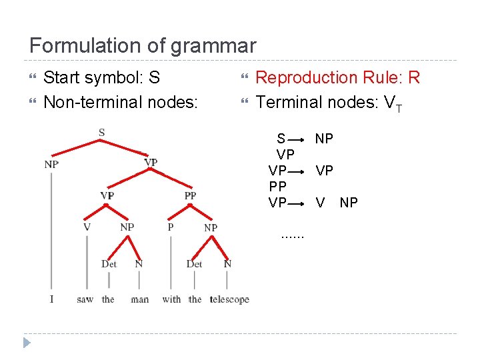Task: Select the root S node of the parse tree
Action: (101, 133)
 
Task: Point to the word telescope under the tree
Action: (229, 299)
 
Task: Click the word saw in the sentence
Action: (85, 299)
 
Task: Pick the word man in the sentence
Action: (140, 299)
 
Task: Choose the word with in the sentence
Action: (171, 299)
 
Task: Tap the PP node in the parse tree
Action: (190, 195)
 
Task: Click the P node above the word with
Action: (171, 227)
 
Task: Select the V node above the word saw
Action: (87, 227)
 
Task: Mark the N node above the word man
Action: (139, 263)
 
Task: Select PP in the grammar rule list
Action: (277, 187)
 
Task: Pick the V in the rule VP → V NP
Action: (321, 203)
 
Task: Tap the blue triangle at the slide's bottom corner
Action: (26, 343)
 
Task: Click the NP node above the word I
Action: (51, 164)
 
